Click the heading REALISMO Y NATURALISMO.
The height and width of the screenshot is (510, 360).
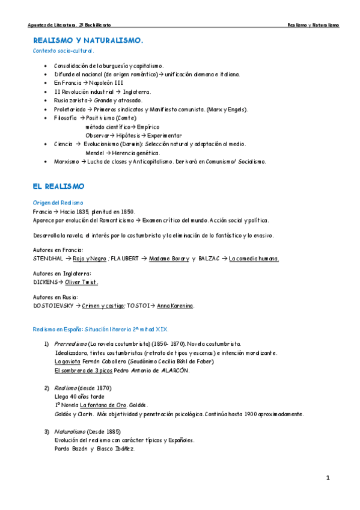coord(88,40)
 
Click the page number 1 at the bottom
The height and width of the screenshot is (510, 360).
coord(328,478)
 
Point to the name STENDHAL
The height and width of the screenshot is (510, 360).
coord(48,259)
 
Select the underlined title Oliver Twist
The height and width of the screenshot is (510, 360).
coord(81,282)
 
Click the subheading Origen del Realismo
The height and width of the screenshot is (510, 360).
coord(58,203)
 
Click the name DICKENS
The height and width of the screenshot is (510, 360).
coord(45,282)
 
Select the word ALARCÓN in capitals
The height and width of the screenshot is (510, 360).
coord(174,370)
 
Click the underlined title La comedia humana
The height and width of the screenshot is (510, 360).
coord(254,259)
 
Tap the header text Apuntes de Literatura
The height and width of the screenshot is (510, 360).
coord(52,25)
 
